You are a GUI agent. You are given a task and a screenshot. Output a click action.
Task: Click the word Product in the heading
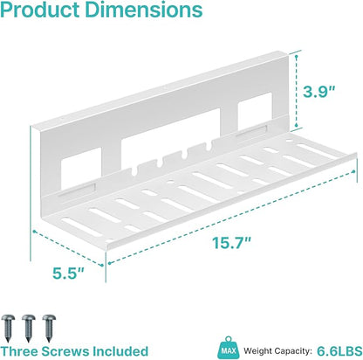coord(40,10)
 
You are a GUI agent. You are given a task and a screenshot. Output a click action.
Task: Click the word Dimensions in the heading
coord(144,10)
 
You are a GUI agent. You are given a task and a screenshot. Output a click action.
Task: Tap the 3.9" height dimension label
coord(319,92)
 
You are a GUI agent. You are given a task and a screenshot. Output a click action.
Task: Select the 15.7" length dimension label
coord(231,243)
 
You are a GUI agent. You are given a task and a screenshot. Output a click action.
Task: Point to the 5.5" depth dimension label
coord(68,273)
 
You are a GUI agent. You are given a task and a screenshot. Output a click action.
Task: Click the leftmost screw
coord(8,328)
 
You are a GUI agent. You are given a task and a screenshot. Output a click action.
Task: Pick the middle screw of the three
coord(29,328)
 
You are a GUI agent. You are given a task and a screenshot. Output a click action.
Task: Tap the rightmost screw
coord(49,328)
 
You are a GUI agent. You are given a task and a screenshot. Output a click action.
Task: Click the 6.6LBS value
coord(339,350)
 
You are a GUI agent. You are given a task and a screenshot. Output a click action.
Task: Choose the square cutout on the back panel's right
coord(255,112)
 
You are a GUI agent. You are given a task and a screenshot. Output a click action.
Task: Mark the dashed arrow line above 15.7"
coord(231,218)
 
